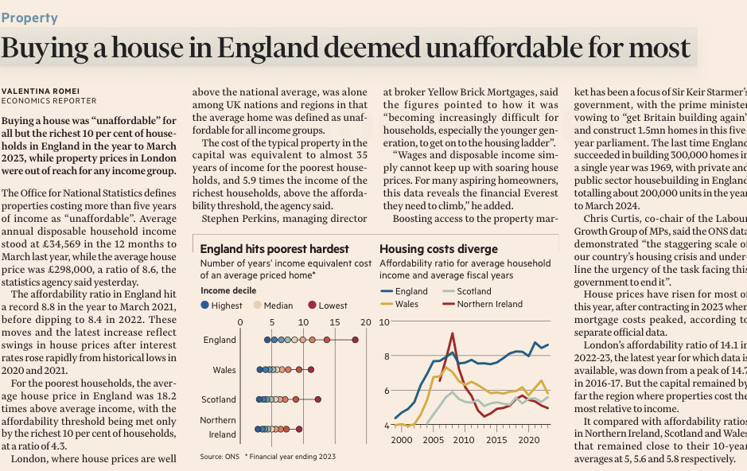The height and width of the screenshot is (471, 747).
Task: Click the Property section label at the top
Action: click(x=29, y=18)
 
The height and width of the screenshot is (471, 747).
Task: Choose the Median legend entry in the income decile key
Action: click(x=274, y=305)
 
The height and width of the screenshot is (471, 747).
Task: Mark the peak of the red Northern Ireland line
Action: click(x=452, y=334)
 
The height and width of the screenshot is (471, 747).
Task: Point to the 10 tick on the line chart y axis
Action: click(x=384, y=321)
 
